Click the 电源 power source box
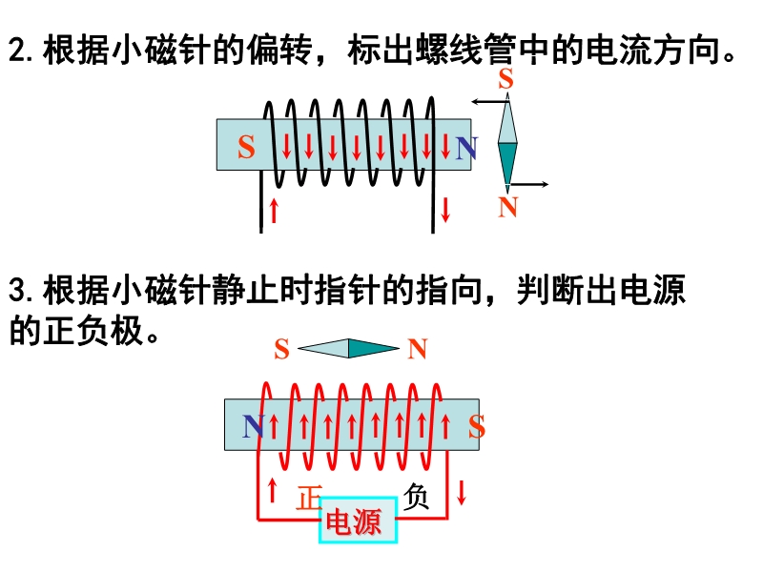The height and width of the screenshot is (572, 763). click(x=358, y=521)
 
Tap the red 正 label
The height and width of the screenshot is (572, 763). click(x=308, y=499)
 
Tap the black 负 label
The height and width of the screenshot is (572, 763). click(x=416, y=496)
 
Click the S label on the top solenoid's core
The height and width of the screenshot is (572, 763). click(x=246, y=148)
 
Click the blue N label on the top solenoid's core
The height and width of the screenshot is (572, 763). click(x=465, y=148)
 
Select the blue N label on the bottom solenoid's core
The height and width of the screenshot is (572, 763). click(x=253, y=426)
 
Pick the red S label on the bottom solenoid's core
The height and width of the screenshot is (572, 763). click(x=476, y=426)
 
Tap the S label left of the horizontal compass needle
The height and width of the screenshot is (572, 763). click(x=281, y=350)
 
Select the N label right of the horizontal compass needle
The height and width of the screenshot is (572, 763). click(x=417, y=350)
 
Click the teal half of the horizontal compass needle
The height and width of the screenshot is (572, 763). click(x=373, y=349)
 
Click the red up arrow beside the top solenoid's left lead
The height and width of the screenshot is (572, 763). click(x=275, y=210)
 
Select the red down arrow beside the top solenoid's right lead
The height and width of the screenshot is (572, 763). click(x=445, y=209)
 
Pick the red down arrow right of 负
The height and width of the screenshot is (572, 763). click(x=462, y=493)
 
